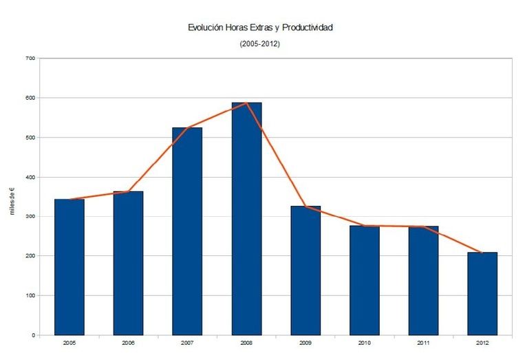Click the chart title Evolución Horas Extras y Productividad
(260, 28)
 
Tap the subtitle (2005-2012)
(260, 44)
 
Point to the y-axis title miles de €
(12, 200)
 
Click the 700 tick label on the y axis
(30, 59)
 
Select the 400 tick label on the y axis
(30, 177)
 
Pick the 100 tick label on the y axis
(30, 295)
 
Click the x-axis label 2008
(246, 343)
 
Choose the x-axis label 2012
(482, 343)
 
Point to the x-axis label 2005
(69, 343)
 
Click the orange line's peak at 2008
(246, 103)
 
